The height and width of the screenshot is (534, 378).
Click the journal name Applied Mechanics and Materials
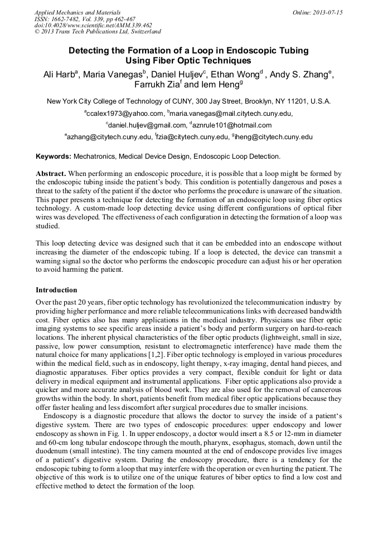[77, 12]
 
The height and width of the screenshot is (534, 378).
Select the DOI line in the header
[93, 25]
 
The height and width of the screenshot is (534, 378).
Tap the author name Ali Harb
[60, 75]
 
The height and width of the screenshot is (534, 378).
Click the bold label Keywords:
[54, 156]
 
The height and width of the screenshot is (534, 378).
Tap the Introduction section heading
[56, 290]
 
